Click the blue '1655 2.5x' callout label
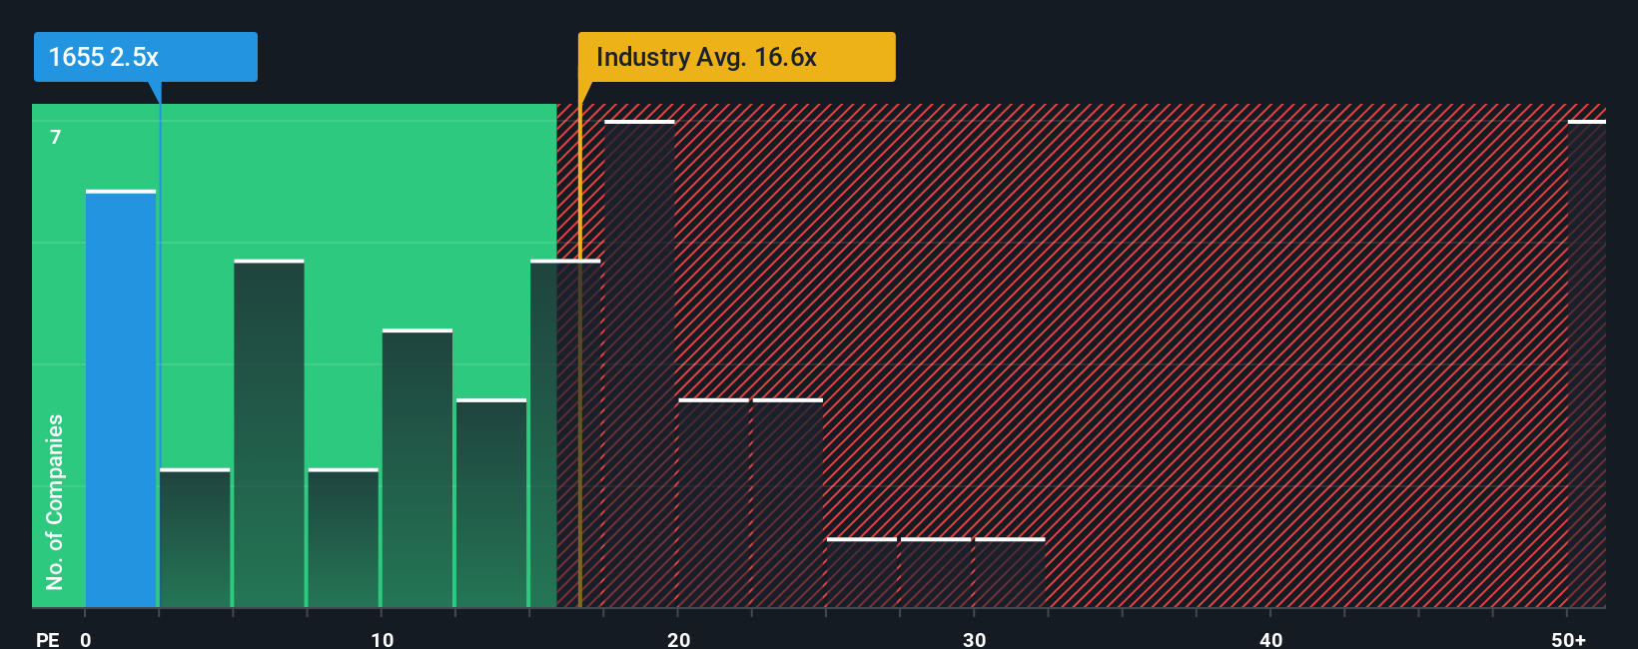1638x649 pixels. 145,57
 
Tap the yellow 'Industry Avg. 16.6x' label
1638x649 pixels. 736,57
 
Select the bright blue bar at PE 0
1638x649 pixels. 121,399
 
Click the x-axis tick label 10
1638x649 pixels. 382,639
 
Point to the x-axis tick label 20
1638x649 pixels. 678,639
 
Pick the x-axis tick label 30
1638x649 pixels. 974,639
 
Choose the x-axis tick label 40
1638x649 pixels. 1270,639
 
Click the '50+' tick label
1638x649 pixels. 1568,639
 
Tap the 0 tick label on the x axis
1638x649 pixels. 86,639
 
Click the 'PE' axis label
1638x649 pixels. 48,639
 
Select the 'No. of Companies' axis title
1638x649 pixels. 55,502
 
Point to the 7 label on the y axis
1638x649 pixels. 56,137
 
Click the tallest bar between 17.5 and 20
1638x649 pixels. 640,364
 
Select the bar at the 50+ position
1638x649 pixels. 1586,364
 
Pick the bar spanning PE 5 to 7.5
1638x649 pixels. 270,434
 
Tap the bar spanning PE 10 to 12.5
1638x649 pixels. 417,469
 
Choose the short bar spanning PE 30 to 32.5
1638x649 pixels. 1010,573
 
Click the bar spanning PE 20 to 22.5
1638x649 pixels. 714,504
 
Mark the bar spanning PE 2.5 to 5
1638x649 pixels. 195,539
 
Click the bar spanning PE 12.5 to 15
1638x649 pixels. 491,504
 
